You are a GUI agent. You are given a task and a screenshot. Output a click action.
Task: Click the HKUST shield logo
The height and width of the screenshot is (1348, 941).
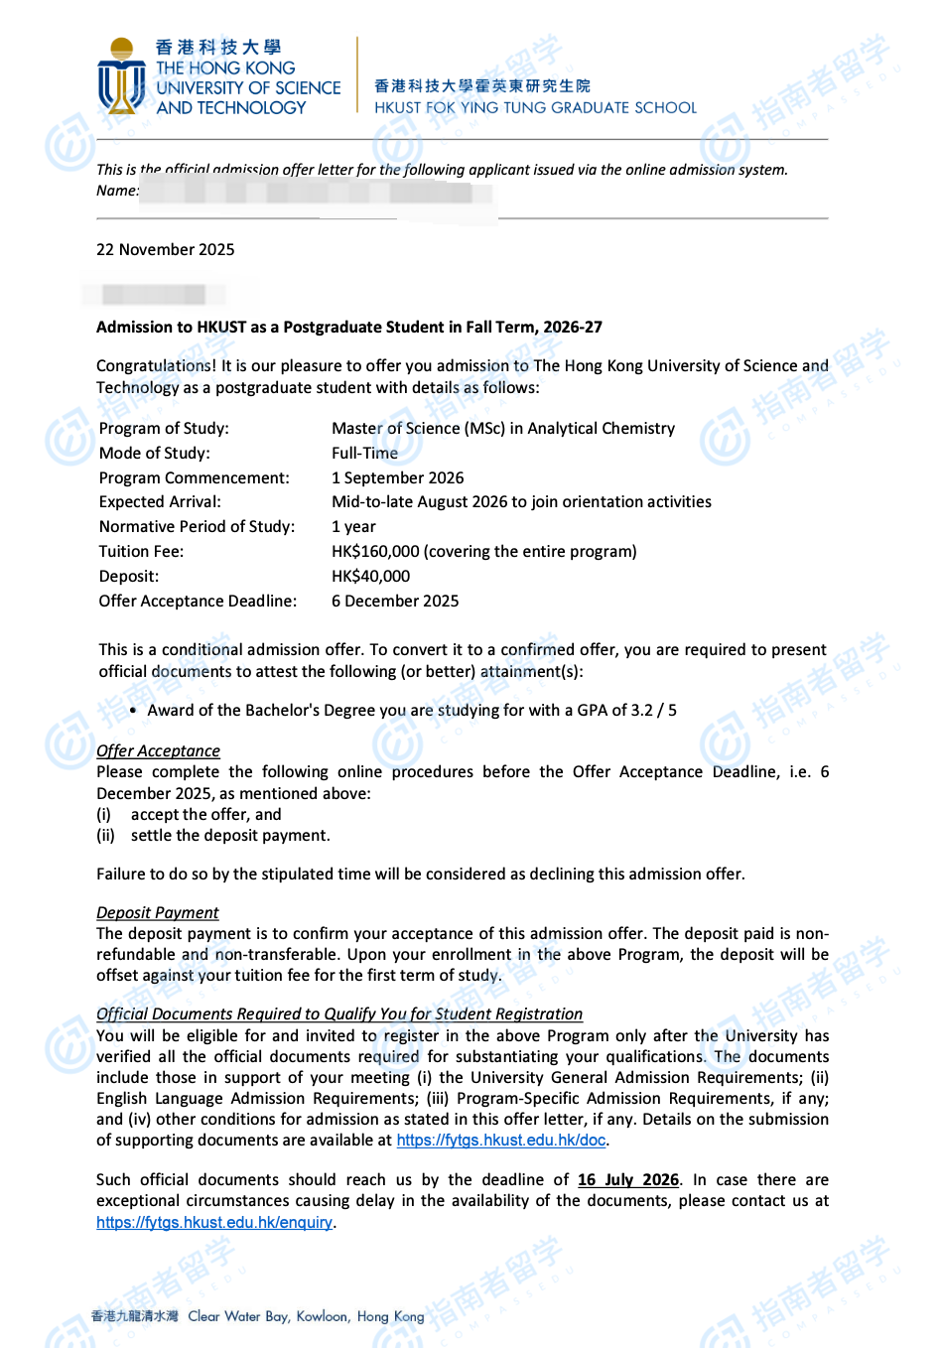click(x=121, y=77)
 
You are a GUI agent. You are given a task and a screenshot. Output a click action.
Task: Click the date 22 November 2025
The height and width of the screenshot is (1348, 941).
click(x=166, y=250)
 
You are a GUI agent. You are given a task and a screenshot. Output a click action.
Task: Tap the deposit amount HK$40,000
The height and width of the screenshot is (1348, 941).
click(x=370, y=577)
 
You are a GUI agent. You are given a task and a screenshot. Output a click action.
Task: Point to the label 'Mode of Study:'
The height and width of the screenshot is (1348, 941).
click(x=154, y=454)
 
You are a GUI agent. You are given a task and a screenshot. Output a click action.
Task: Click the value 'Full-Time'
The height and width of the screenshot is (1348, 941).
click(x=364, y=454)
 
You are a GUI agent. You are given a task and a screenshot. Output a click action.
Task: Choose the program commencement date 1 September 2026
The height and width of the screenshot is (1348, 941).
click(x=397, y=478)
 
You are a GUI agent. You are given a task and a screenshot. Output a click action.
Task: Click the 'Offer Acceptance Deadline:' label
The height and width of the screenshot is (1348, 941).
click(x=198, y=602)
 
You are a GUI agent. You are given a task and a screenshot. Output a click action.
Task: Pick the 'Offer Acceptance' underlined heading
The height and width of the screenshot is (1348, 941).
click(x=158, y=751)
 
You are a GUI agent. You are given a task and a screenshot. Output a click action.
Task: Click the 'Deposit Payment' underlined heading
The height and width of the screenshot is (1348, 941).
click(x=157, y=913)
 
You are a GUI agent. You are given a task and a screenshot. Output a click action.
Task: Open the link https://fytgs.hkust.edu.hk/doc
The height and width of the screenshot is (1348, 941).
click(x=501, y=1141)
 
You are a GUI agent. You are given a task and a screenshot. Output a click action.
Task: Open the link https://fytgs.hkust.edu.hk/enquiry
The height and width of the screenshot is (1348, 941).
click(x=214, y=1223)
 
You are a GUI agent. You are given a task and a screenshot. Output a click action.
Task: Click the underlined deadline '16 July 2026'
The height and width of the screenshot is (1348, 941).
click(x=628, y=1180)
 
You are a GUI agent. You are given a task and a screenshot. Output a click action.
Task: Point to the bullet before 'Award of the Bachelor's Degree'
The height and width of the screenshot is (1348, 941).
click(x=133, y=711)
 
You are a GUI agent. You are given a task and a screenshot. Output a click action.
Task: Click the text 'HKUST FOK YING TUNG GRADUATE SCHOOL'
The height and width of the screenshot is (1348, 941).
click(x=535, y=108)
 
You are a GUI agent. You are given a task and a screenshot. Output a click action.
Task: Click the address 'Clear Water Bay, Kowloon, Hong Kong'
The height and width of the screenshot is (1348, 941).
click(x=306, y=1317)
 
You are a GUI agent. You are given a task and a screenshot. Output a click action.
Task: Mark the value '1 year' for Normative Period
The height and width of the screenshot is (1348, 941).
click(x=353, y=527)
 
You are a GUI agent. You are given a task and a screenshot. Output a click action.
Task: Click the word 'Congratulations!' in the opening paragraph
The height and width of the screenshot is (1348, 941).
click(x=156, y=366)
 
